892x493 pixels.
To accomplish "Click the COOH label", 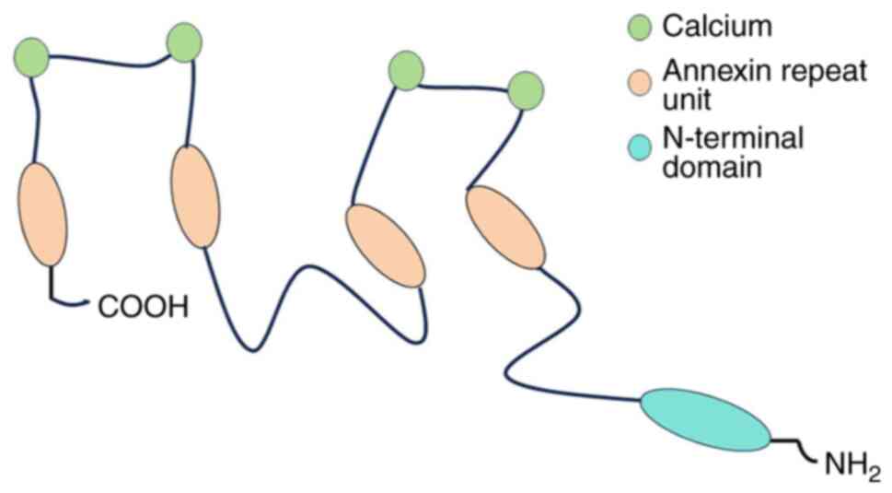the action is tap(143, 305).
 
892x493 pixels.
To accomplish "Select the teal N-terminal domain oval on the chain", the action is tap(706, 420).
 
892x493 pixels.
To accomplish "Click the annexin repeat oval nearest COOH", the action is tap(42, 214).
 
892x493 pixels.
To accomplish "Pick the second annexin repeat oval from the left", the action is tap(195, 196).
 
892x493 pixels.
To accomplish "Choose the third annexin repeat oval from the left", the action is tap(385, 245).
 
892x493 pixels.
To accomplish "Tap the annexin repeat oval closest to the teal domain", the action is tap(504, 228).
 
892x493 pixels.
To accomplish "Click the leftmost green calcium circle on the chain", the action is tap(31, 57).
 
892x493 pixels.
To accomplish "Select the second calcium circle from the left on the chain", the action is tap(184, 43).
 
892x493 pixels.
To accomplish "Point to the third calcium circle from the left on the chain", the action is tap(406, 71).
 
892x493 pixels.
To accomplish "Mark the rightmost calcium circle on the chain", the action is tap(526, 90).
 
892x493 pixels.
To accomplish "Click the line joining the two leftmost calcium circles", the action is tap(108, 60).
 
